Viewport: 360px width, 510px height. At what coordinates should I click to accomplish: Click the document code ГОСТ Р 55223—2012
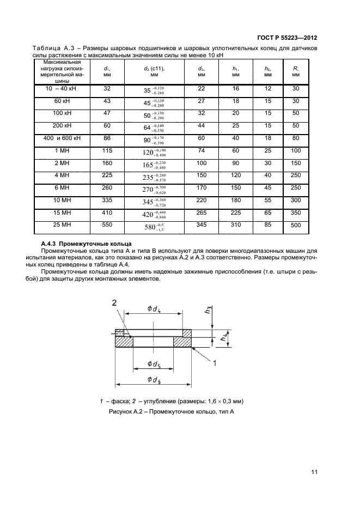286,38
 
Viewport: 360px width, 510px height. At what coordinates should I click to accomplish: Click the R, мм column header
295,72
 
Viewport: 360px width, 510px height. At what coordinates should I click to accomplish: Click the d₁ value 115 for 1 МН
107,151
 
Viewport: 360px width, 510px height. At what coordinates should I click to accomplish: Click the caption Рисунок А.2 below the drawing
171,412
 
